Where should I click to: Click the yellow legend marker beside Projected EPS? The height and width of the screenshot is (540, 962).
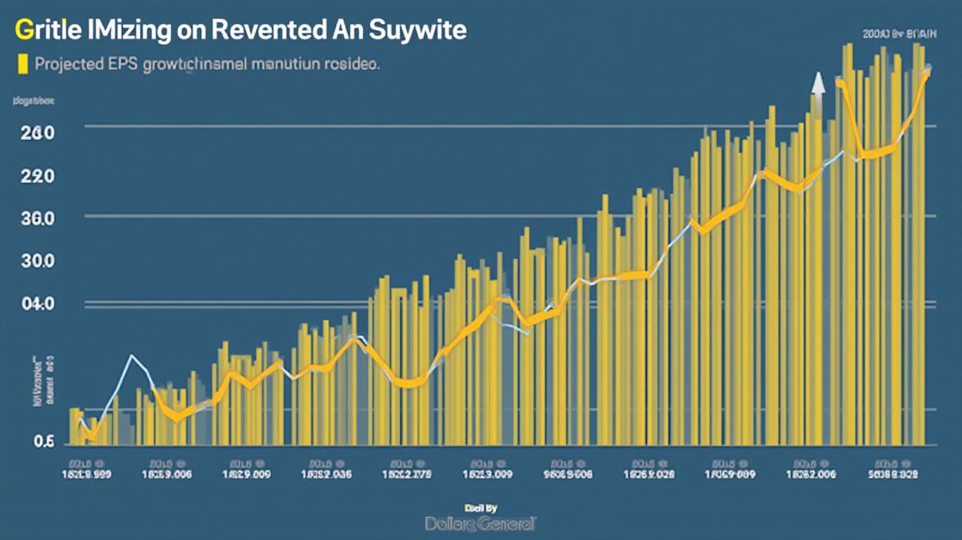point(23,64)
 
